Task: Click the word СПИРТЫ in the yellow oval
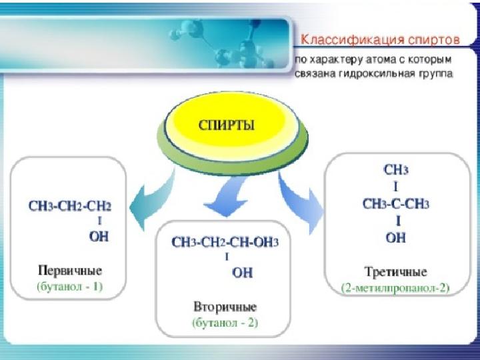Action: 227,125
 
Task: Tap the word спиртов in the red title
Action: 430,40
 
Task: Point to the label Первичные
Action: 70,271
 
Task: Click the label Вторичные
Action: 225,307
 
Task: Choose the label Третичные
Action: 395,271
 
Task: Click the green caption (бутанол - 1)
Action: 70,287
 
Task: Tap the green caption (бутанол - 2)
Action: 225,323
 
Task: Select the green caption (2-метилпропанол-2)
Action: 395,288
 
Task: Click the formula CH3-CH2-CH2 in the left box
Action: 70,206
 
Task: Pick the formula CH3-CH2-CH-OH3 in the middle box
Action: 225,242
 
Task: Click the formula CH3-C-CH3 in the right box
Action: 395,203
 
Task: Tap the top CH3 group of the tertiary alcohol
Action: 396,169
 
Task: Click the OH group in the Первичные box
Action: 99,236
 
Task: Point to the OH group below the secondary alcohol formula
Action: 243,272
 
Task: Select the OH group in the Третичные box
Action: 395,237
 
